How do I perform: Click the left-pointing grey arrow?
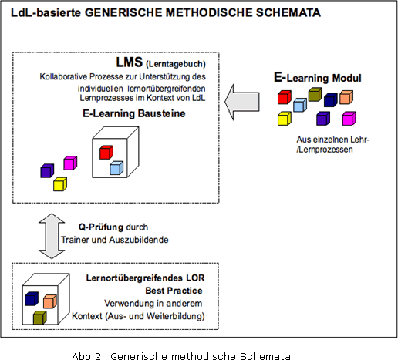point(241,102)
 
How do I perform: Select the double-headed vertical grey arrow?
point(52,236)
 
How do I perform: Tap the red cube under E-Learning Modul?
point(285,97)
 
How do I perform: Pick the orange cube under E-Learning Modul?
point(346,97)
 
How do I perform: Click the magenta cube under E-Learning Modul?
point(349,119)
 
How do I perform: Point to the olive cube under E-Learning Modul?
point(315,94)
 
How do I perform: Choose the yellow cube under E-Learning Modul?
point(285,119)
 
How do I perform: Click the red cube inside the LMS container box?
point(106,153)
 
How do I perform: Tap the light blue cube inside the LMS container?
point(116,168)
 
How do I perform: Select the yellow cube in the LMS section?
point(60,184)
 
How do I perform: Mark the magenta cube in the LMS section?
point(70,163)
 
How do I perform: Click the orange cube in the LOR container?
point(50,301)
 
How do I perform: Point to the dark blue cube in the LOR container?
point(32,298)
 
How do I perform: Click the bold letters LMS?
point(130,62)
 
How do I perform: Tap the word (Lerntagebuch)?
point(176,64)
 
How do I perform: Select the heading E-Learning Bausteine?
point(134,113)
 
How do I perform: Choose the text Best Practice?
point(174,291)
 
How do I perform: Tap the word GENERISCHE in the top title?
point(123,12)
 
